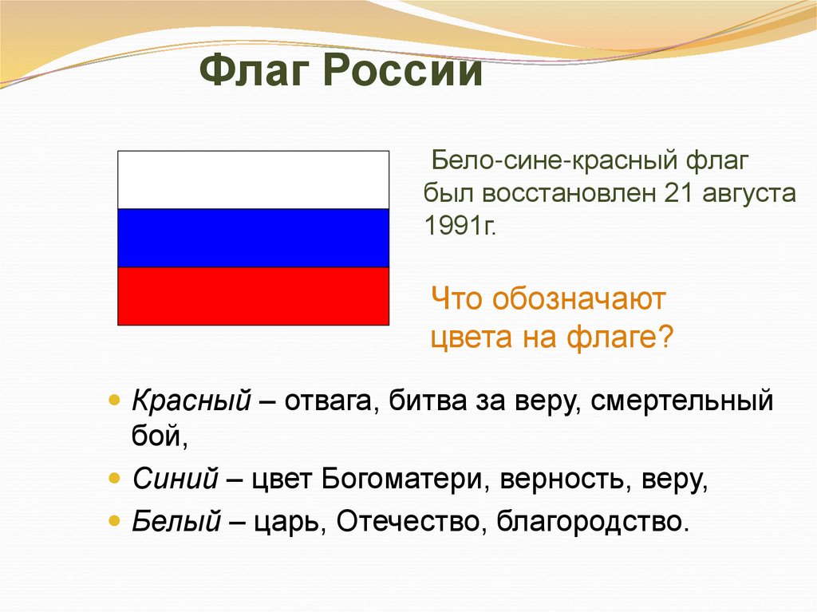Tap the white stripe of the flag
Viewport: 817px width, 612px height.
pyautogui.click(x=253, y=180)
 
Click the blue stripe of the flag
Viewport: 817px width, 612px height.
pyautogui.click(x=253, y=238)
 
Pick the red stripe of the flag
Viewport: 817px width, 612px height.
pyautogui.click(x=253, y=296)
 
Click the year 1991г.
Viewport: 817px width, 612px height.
pyautogui.click(x=460, y=226)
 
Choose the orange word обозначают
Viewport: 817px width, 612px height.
pyautogui.click(x=578, y=299)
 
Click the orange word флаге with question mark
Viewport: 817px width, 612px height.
pyautogui.click(x=620, y=338)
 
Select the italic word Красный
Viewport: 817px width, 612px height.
pyautogui.click(x=191, y=401)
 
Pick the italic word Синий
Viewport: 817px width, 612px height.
pyautogui.click(x=175, y=479)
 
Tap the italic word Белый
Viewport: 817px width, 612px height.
pyautogui.click(x=176, y=520)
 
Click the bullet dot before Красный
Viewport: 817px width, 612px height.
pyautogui.click(x=114, y=401)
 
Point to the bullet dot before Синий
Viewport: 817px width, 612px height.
pyautogui.click(x=114, y=479)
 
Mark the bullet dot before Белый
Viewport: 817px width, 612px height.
pyautogui.click(x=114, y=520)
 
